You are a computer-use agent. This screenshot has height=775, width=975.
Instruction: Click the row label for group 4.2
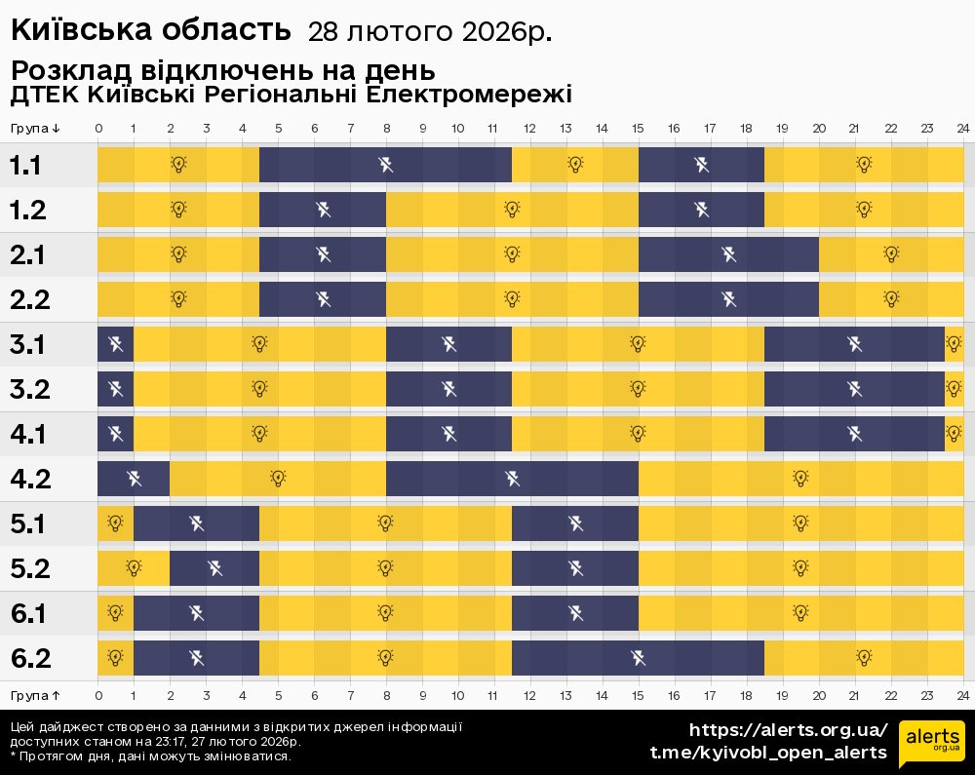click(30, 479)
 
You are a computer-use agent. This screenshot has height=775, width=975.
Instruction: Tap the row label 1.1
click(26, 165)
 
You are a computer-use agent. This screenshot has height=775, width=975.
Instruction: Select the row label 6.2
click(30, 658)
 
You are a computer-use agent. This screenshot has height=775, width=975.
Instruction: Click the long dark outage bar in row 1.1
click(385, 164)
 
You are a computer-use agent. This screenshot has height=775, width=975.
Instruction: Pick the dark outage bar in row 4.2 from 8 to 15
click(512, 478)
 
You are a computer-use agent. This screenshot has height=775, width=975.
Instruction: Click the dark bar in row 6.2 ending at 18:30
click(638, 657)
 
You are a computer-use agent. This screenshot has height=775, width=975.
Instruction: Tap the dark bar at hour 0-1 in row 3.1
click(115, 343)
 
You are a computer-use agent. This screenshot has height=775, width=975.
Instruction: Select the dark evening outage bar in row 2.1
click(728, 254)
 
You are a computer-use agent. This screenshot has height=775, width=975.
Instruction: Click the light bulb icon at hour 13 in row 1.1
click(575, 164)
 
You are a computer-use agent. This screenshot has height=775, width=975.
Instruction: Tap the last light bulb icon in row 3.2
click(954, 388)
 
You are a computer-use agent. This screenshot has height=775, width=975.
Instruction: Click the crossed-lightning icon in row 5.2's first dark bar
click(214, 567)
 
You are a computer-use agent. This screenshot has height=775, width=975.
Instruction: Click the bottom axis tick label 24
click(962, 695)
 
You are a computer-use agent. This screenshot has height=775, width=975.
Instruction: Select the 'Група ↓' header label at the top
click(36, 129)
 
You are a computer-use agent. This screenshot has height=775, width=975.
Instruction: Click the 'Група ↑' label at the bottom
click(36, 695)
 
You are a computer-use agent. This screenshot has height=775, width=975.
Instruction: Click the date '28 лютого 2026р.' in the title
click(430, 32)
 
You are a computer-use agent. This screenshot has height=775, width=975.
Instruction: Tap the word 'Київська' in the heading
click(76, 30)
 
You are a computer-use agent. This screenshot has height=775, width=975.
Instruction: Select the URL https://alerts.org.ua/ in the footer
click(789, 730)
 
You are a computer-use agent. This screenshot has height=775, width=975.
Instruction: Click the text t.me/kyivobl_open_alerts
click(768, 753)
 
